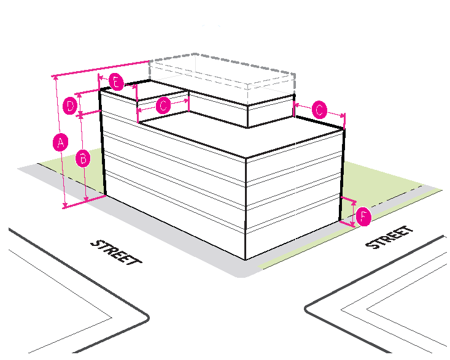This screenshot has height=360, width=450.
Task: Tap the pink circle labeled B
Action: pyautogui.click(x=83, y=158)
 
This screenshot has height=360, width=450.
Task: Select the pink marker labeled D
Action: pyautogui.click(x=71, y=105)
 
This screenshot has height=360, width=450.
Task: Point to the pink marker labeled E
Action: pyautogui.click(x=115, y=82)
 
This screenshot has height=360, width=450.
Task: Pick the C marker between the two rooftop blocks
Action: pyautogui.click(x=163, y=105)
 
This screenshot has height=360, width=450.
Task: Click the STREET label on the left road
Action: pyautogui.click(x=115, y=252)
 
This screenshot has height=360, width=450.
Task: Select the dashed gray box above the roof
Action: pyautogui.click(x=221, y=76)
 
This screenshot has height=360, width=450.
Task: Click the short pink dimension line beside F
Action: pyautogui.click(x=353, y=213)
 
